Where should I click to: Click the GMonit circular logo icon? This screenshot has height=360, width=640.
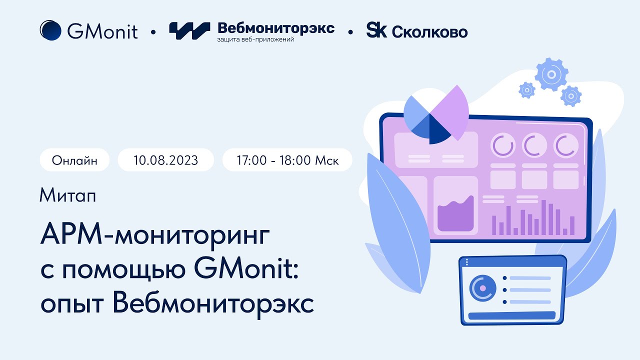pos(50,30)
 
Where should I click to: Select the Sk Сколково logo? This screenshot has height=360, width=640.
pos(417,31)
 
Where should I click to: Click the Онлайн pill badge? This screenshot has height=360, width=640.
pos(74,160)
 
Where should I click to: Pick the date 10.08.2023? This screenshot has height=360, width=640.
pos(165,160)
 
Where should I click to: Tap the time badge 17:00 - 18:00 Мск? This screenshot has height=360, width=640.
pos(287,160)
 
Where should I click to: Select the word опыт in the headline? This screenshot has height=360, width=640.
pos(73,303)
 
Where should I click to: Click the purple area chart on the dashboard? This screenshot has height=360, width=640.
pos(455,215)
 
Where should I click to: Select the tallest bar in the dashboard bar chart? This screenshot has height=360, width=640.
pos(543,217)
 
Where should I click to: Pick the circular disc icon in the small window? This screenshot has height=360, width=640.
pos(482,288)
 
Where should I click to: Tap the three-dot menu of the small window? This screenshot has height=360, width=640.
pos(466,262)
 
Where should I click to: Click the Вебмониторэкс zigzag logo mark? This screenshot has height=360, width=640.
pos(189,30)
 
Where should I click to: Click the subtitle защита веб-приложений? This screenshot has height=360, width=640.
pos(255,39)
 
